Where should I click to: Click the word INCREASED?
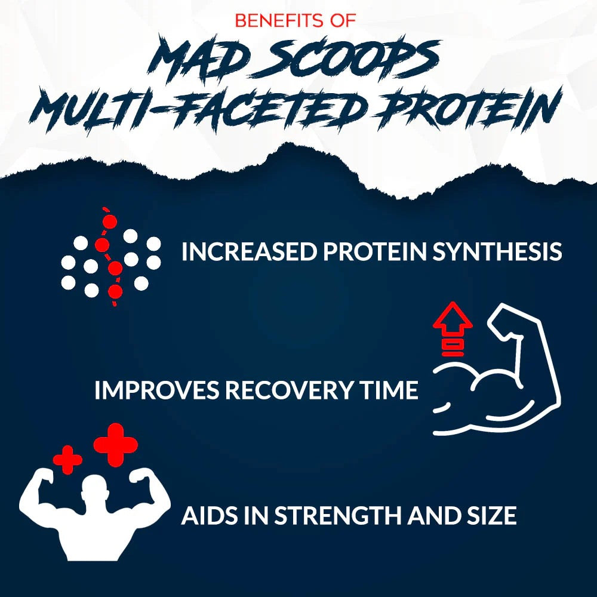249,252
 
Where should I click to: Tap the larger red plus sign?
116,444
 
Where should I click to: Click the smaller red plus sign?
67,460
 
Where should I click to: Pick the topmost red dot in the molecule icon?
109,222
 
